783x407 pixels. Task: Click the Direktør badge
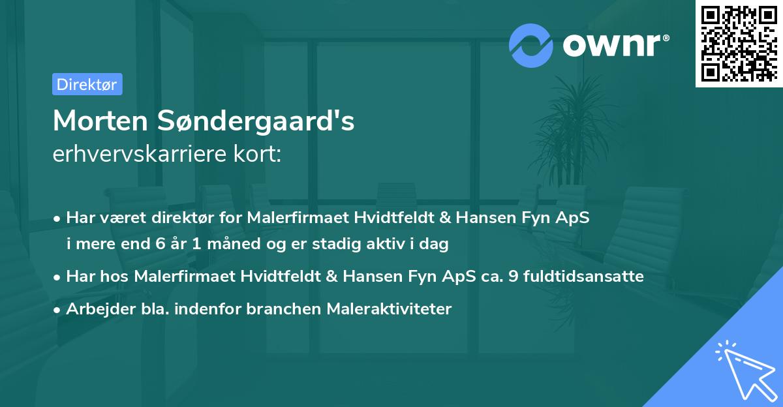[x=86, y=84]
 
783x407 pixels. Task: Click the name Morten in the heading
[x=101, y=121]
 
